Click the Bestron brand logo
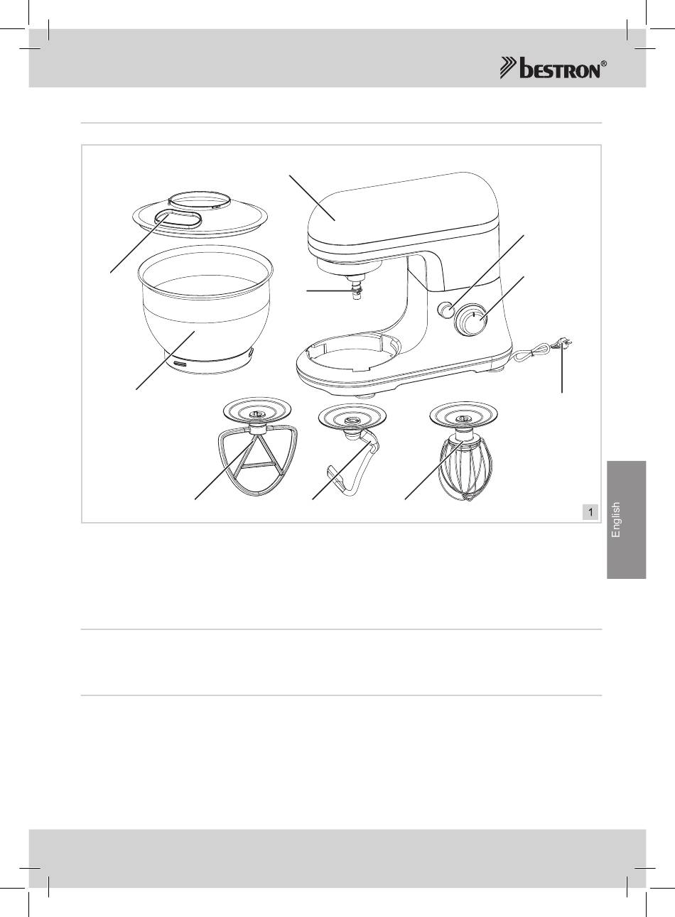click(553, 68)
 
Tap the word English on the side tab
click(615, 520)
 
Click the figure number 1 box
click(590, 511)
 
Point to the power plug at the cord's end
click(564, 344)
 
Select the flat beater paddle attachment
click(257, 460)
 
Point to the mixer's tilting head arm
click(404, 217)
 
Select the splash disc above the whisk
click(464, 414)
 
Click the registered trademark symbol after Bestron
click(604, 64)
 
